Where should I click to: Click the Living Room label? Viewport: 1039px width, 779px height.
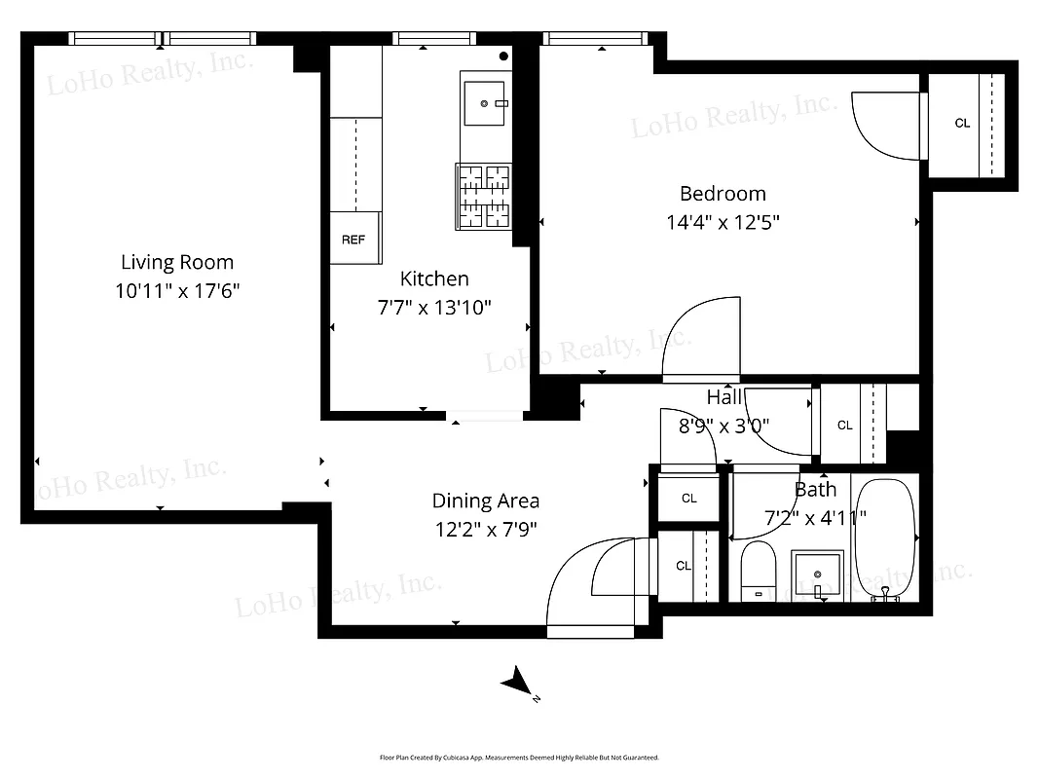coord(177,262)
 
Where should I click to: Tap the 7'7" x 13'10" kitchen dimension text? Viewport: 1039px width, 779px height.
coord(434,308)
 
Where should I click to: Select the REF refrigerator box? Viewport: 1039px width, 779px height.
coord(353,239)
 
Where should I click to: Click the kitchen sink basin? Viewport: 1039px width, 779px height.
coord(484,103)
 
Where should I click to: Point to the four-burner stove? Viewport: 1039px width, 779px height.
coord(483,195)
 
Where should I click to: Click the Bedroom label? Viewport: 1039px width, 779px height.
coord(723,194)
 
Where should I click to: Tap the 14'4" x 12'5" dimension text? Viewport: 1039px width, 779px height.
coord(723,222)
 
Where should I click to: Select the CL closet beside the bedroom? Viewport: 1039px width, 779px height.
coord(963,124)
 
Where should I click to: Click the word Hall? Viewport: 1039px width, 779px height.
coord(724,396)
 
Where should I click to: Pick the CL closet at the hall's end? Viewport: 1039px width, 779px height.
coord(845,426)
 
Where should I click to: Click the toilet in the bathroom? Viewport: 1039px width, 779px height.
coord(757,574)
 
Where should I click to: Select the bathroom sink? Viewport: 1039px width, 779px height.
coord(817,575)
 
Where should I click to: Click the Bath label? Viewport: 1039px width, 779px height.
coord(815,490)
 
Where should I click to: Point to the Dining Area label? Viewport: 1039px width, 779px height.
coord(485,501)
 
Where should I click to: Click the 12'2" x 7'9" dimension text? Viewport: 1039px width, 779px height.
coord(485,530)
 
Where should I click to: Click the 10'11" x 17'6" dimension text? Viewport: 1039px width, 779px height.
coord(177,290)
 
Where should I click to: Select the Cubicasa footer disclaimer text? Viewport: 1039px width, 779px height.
coord(519,757)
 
